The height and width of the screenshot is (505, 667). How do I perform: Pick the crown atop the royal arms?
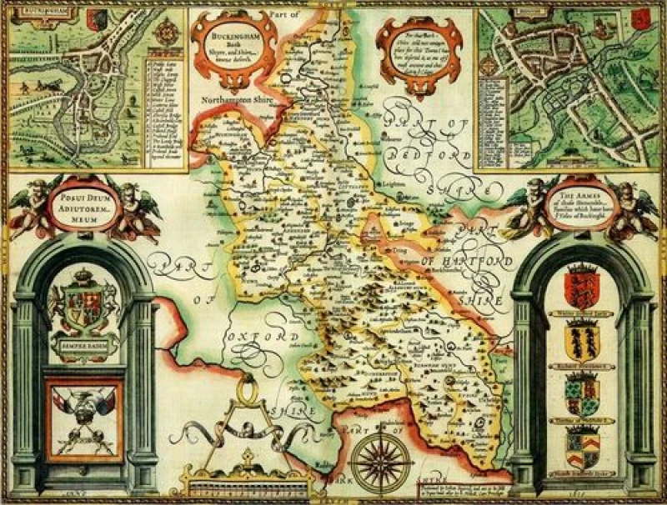pyautogui.click(x=83, y=275)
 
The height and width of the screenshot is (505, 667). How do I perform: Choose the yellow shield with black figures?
pyautogui.click(x=583, y=340)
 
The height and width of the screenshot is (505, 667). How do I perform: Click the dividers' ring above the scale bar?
pyautogui.click(x=246, y=387)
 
